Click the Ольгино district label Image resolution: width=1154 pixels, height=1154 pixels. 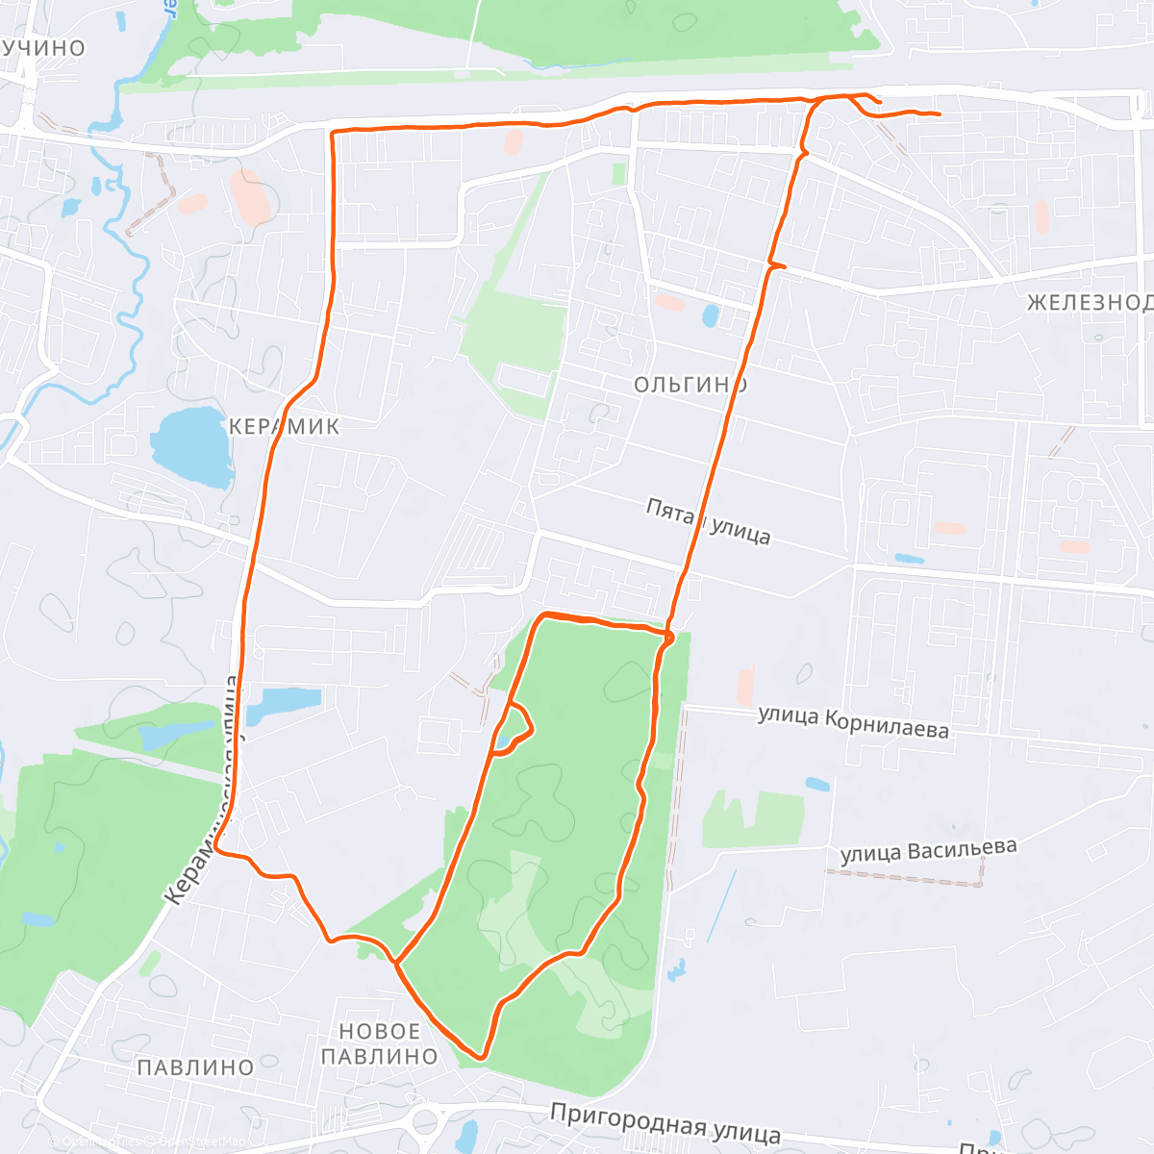tap(690, 385)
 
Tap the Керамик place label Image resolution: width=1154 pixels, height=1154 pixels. tap(285, 426)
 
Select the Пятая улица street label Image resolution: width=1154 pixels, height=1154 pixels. tap(708, 520)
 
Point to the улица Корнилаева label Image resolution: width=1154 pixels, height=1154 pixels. tap(853, 721)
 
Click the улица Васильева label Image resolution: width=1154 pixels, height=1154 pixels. tap(928, 852)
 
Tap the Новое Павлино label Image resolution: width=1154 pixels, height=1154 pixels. tap(379, 1043)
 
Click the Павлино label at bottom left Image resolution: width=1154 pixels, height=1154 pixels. tap(195, 1067)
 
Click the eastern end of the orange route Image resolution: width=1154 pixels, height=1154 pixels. tap(938, 115)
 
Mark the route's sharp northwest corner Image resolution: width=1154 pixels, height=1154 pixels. tap(333, 133)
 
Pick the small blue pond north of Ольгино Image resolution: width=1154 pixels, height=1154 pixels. tap(711, 315)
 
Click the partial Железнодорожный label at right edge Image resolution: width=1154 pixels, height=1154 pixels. tap(1089, 303)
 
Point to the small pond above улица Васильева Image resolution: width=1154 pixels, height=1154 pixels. tap(817, 784)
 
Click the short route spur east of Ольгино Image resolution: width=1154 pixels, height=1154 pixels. tap(778, 264)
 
